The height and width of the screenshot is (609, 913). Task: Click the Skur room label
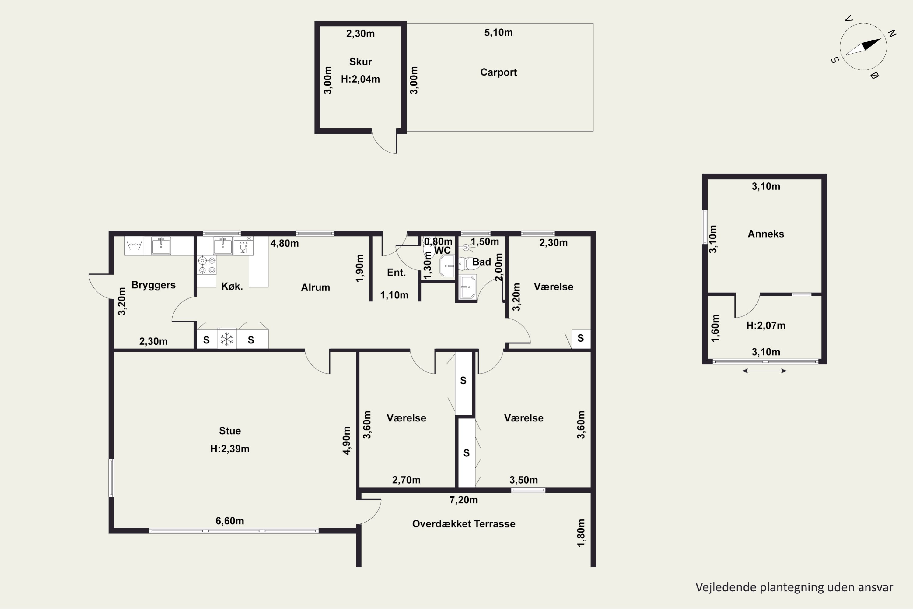pyautogui.click(x=360, y=62)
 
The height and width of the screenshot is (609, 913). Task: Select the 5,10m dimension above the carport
pyautogui.click(x=498, y=33)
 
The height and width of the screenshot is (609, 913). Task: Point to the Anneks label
pyautogui.click(x=766, y=234)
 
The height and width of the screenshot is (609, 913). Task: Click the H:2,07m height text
pyautogui.click(x=766, y=326)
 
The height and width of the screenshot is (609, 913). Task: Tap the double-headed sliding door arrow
pyautogui.click(x=764, y=371)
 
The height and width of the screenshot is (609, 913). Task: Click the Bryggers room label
pyautogui.click(x=153, y=285)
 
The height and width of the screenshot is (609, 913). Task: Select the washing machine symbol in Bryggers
pyautogui.click(x=134, y=245)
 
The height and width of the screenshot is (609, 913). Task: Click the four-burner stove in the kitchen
pyautogui.click(x=207, y=265)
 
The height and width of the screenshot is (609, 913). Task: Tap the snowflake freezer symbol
pyautogui.click(x=227, y=339)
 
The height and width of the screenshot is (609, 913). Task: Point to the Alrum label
pyautogui.click(x=316, y=287)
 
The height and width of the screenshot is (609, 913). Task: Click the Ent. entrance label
pyautogui.click(x=396, y=273)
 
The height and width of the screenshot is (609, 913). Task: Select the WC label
pyautogui.click(x=443, y=251)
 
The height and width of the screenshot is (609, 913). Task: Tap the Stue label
pyautogui.click(x=230, y=431)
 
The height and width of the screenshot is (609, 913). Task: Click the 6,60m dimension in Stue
pyautogui.click(x=230, y=521)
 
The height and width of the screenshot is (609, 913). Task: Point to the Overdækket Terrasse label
pyautogui.click(x=464, y=524)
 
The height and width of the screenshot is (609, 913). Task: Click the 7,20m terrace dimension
pyautogui.click(x=463, y=500)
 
